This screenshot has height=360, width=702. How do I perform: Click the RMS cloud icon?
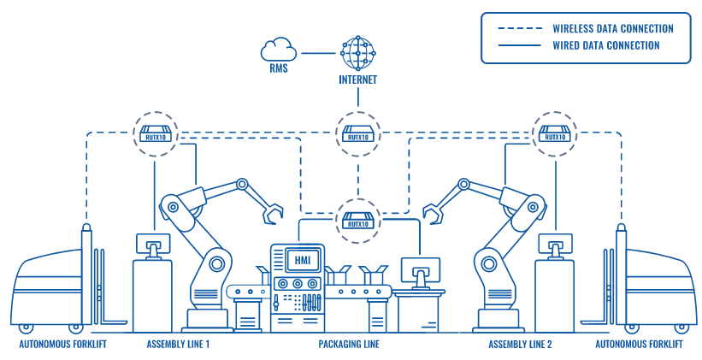pyautogui.click(x=279, y=50)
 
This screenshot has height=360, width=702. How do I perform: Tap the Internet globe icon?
pyautogui.click(x=357, y=53)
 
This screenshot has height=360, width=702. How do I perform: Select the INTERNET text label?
pyautogui.click(x=357, y=82)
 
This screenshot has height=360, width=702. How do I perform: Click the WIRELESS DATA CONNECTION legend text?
pyautogui.click(x=612, y=28)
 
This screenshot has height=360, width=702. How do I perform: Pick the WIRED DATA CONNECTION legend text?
pyautogui.click(x=606, y=45)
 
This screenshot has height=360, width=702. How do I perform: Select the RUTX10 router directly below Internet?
pyautogui.click(x=357, y=134)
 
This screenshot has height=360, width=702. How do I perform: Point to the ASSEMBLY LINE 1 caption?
pyautogui.click(x=178, y=345)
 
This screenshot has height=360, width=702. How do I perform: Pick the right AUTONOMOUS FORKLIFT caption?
pyautogui.click(x=639, y=345)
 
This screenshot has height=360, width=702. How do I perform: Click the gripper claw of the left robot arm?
pyautogui.click(x=274, y=212)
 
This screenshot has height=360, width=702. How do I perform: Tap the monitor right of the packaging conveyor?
pyautogui.click(x=421, y=271)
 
